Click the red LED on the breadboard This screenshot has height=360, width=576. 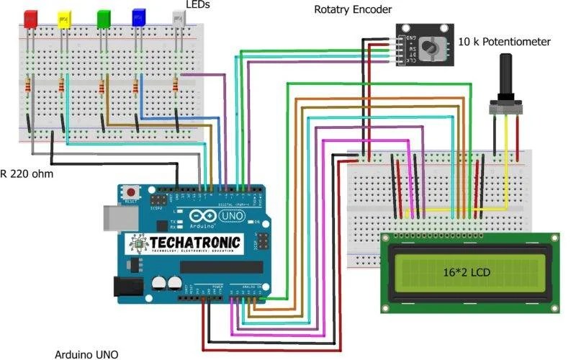tap(31, 19)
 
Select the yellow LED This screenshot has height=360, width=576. tap(64, 19)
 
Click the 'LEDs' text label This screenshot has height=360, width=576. tap(199, 5)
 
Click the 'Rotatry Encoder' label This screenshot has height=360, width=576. tap(354, 9)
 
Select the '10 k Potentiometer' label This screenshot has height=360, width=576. tap(505, 42)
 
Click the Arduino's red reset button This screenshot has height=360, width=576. tap(132, 193)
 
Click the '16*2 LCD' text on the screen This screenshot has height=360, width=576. tap(469, 273)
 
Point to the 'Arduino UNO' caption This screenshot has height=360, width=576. tap(86, 354)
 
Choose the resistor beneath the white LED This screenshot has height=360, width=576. tap(175, 86)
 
